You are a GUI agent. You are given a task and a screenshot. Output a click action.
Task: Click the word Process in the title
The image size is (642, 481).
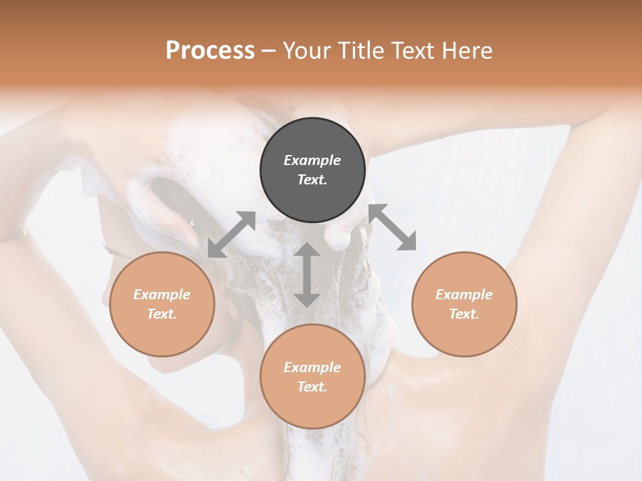210,51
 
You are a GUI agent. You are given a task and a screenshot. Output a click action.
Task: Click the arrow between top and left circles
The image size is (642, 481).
231,234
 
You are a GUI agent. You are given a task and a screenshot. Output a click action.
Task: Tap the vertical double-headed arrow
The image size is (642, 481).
307,275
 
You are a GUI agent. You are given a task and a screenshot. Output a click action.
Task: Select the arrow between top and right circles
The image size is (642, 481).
392,227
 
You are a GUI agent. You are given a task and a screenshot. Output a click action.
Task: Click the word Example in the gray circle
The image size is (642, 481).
312,160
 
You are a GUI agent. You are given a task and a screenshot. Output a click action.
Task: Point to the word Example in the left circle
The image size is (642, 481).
162,295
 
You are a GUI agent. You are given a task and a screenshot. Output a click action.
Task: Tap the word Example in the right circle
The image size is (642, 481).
464,295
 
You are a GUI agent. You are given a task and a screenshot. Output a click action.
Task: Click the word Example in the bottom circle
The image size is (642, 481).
312,367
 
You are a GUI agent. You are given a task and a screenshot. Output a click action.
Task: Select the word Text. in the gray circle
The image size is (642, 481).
312,180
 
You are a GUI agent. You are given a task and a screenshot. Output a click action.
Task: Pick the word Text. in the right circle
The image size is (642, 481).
464,314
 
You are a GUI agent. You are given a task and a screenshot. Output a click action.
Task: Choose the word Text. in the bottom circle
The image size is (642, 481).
312,387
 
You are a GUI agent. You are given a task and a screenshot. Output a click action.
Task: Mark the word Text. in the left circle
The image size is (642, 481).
162,314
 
